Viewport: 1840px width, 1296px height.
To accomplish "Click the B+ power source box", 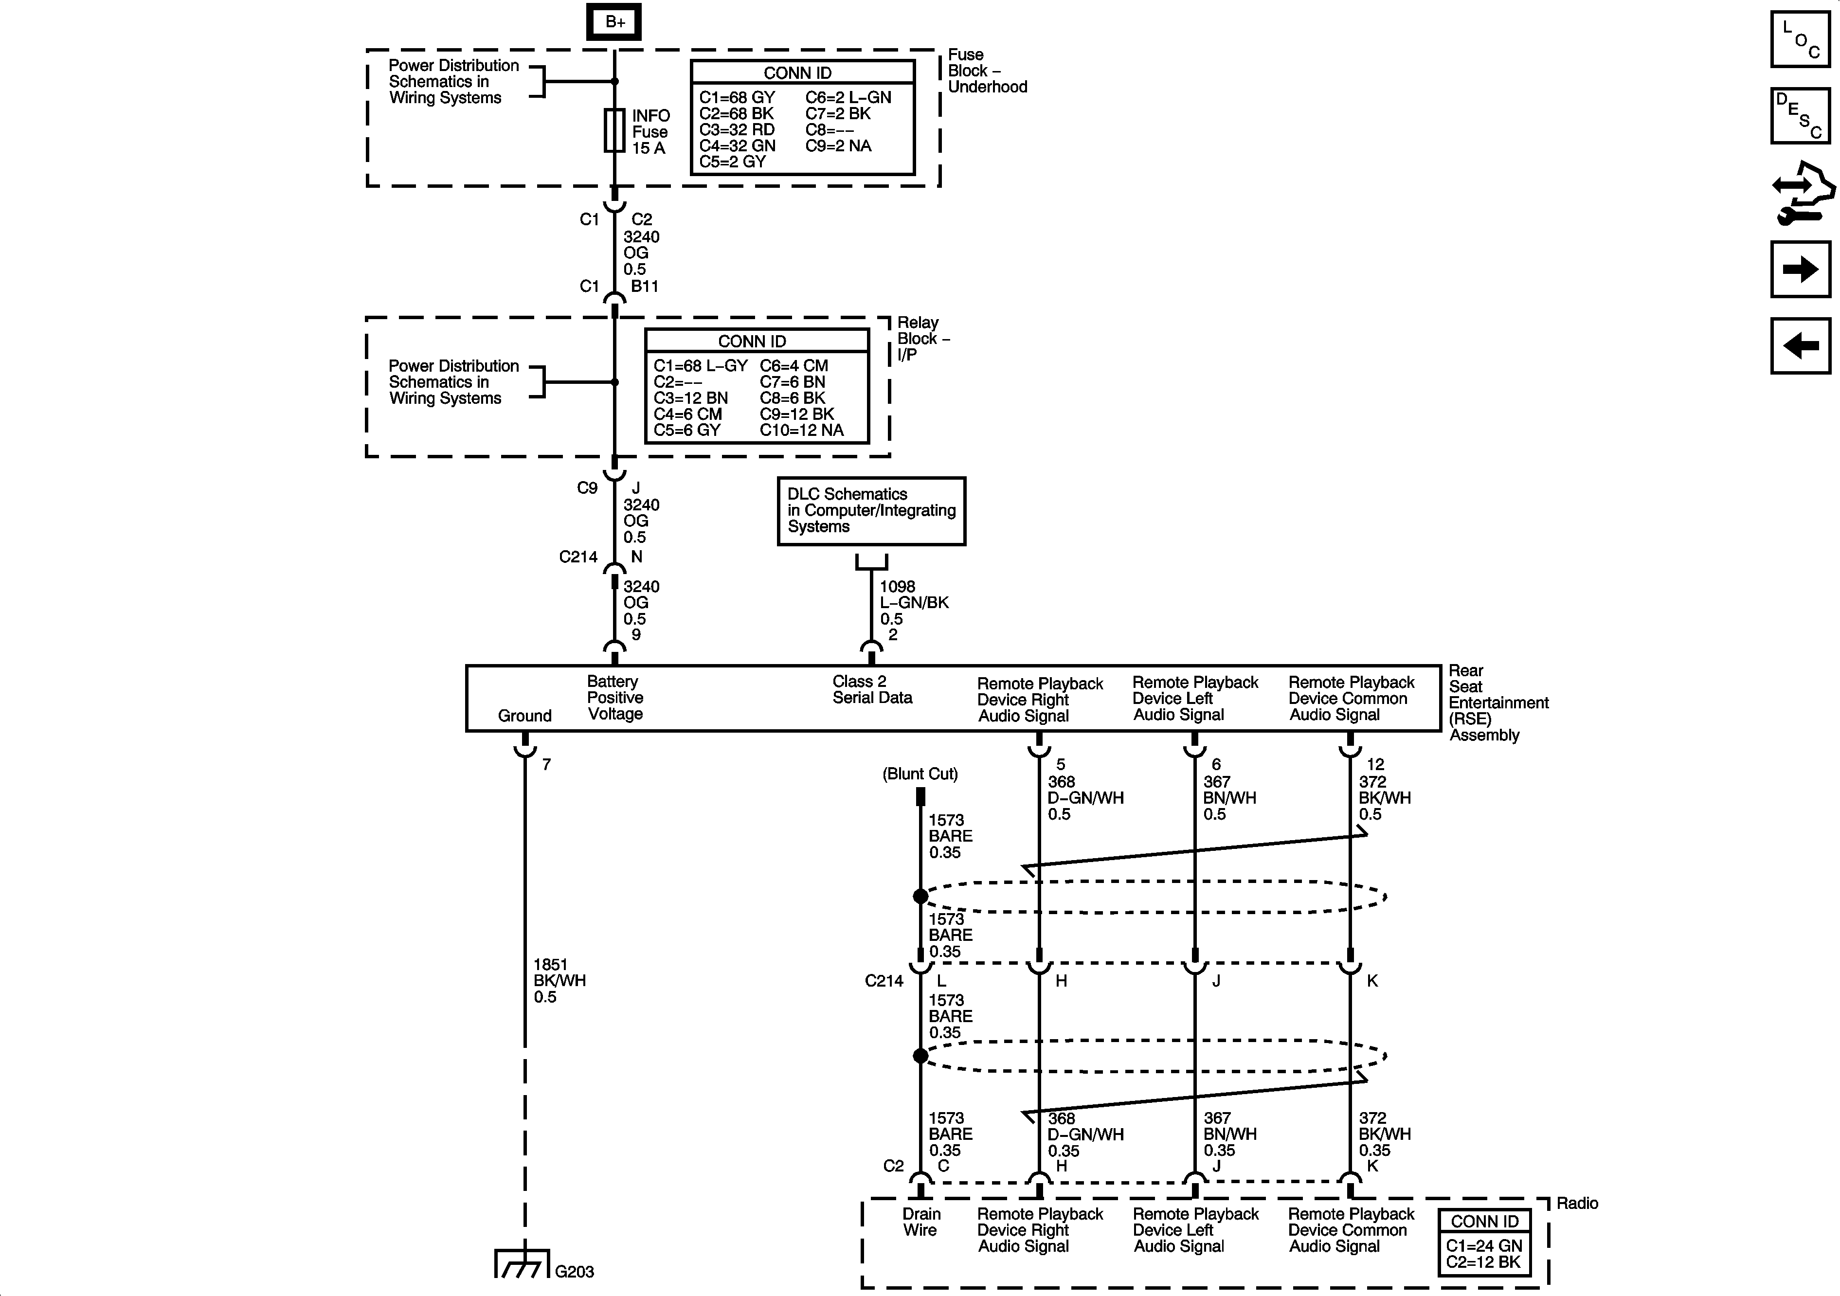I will click(614, 21).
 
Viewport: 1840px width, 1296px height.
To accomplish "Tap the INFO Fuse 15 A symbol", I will click(614, 131).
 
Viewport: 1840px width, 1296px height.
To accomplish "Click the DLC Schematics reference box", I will click(871, 510).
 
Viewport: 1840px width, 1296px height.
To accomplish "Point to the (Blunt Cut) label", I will click(920, 774).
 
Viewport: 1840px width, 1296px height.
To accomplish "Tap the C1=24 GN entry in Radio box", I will click(1483, 1245).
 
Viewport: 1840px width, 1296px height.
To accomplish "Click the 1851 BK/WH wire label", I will click(559, 980).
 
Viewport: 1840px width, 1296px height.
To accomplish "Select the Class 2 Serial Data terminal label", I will click(871, 689).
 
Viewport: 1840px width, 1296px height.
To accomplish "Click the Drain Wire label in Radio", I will click(921, 1222).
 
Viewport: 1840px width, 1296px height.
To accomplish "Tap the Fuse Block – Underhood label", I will click(987, 71).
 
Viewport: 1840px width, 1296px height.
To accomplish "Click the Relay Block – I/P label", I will click(922, 338).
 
